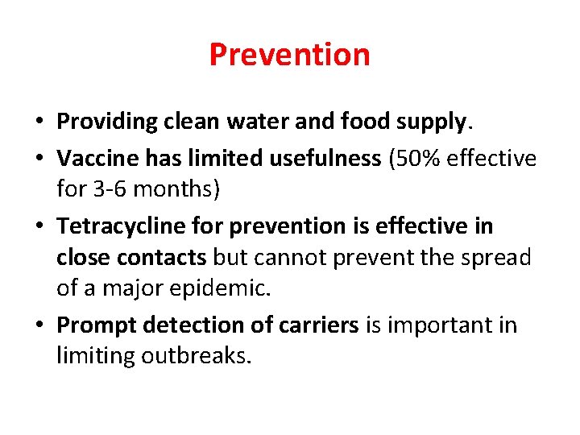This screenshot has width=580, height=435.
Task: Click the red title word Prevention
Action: [x=289, y=55]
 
